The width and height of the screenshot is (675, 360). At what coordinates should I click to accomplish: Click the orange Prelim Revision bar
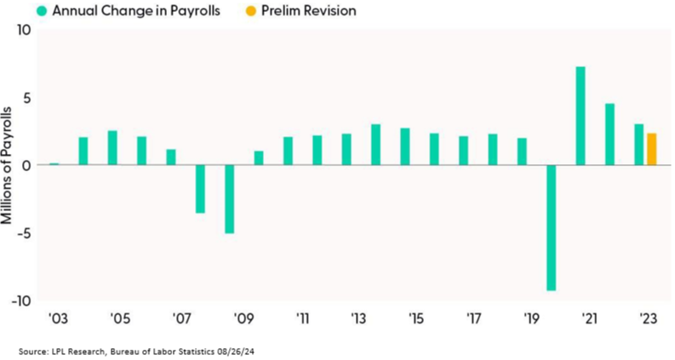651,149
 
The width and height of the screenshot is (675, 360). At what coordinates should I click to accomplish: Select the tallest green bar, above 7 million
581,116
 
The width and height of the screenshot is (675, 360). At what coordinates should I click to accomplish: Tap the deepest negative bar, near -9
551,227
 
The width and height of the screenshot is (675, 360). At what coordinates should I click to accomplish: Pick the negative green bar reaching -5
229,198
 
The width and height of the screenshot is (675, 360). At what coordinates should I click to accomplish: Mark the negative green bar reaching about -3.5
200,188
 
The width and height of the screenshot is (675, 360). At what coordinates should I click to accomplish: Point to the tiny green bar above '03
54,163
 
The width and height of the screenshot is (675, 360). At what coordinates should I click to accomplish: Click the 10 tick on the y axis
23,30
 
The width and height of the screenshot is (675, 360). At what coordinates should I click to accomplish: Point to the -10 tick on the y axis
20,300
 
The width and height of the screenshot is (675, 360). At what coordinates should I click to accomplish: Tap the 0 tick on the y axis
26,165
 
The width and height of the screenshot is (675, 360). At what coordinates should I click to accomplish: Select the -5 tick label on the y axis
23,233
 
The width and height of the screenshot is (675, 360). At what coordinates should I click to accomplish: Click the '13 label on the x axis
358,319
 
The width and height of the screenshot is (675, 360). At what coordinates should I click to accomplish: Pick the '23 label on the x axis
649,319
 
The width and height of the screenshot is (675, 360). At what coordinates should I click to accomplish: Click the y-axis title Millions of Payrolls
8,165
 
